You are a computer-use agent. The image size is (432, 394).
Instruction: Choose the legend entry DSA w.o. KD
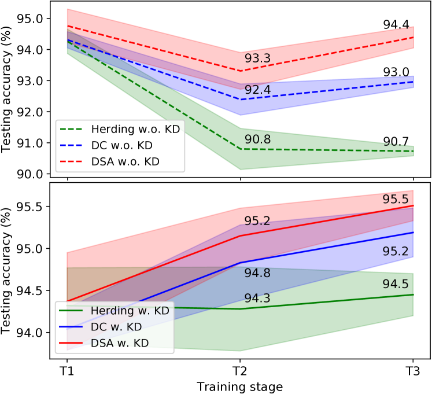pos(126,161)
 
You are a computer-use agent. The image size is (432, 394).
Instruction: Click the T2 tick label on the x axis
pos(241,371)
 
